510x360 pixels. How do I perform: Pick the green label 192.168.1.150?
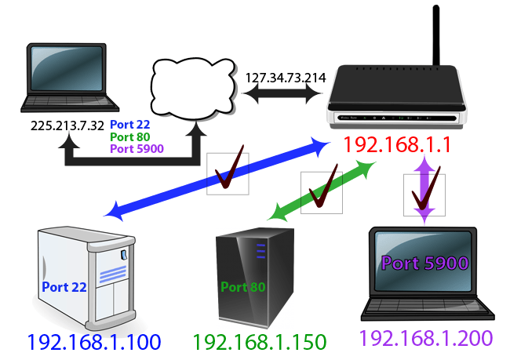coord(260,342)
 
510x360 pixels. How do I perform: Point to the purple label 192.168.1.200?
coord(426,338)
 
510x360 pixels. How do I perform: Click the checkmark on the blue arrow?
coord(228,173)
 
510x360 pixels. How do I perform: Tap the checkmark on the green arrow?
coord(322,192)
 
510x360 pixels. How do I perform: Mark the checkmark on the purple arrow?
coord(424,194)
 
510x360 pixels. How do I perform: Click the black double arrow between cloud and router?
coord(283,94)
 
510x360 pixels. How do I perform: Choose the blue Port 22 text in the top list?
coord(130,125)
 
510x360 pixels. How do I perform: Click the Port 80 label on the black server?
coord(243,286)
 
